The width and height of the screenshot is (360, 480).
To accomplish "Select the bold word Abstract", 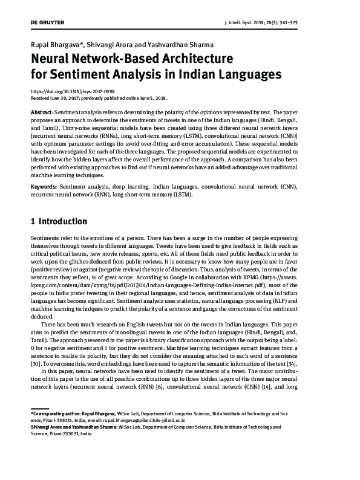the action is [42, 113].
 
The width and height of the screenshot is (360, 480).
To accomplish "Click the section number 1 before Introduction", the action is [33, 221].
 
